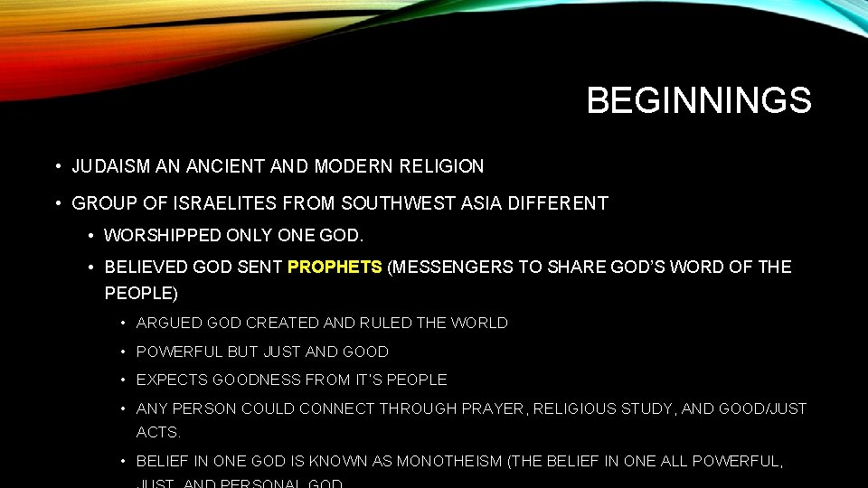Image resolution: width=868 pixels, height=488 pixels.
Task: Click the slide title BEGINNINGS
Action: (x=699, y=100)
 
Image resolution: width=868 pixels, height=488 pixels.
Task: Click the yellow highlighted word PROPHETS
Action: (x=335, y=267)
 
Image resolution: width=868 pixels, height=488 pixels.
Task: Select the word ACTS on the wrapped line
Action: (x=158, y=433)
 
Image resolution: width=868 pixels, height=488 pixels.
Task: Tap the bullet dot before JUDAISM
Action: (x=57, y=167)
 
